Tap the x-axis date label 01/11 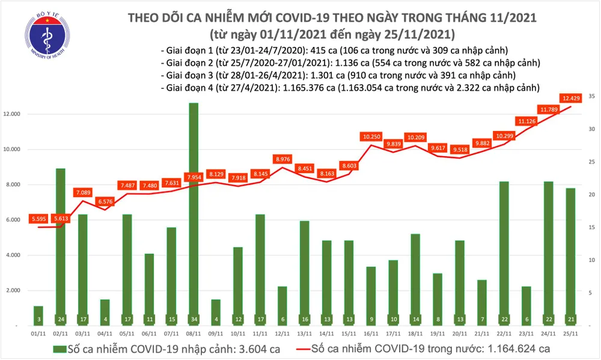point(38,333)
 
